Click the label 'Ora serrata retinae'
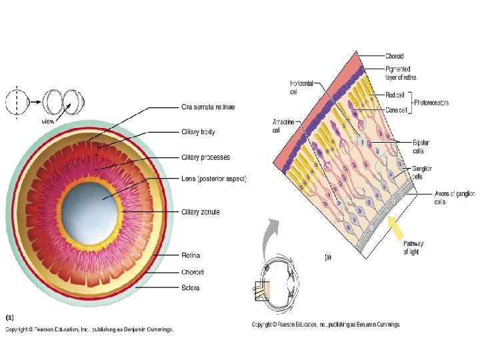point(208,107)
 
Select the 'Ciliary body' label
point(198,132)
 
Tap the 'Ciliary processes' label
point(206,157)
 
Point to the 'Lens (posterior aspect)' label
point(214,179)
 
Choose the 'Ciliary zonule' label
point(201,212)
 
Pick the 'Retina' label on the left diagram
point(191,255)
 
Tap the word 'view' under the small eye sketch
point(48,121)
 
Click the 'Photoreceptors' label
point(432,103)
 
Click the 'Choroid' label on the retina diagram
point(394,56)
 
